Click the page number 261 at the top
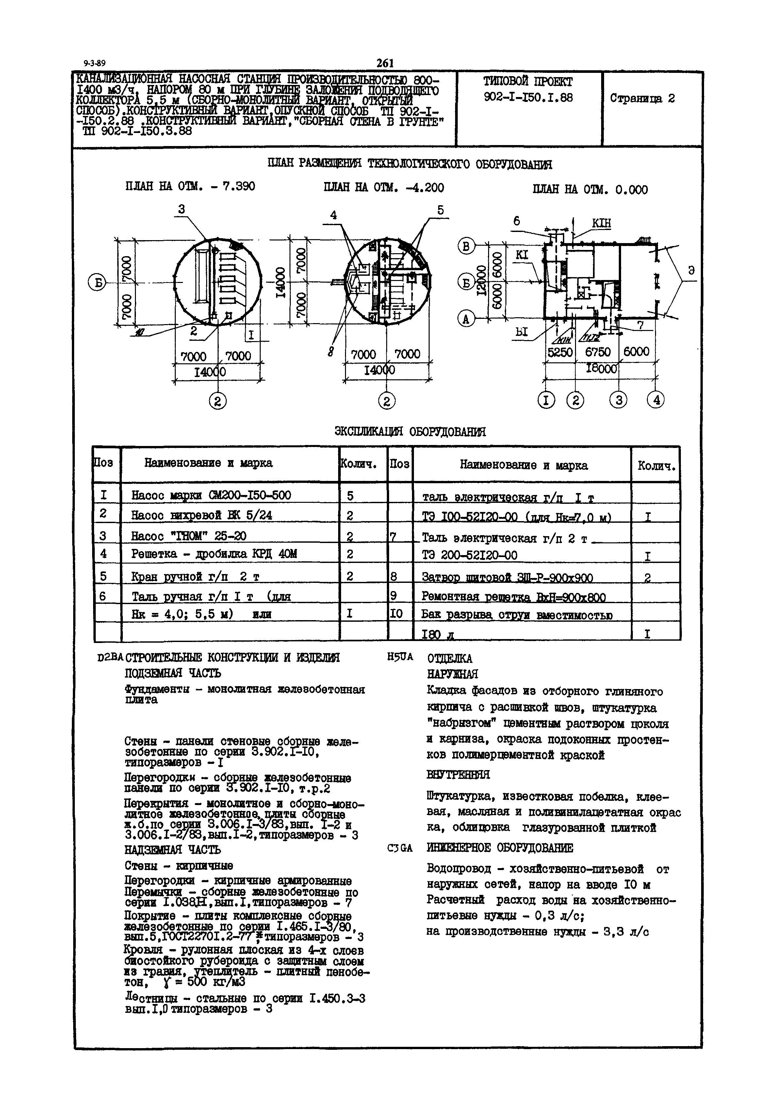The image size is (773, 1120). pyautogui.click(x=385, y=63)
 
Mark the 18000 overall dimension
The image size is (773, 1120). pyautogui.click(x=601, y=369)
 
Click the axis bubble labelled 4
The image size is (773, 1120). pyautogui.click(x=656, y=400)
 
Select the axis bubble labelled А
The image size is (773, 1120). pyautogui.click(x=466, y=319)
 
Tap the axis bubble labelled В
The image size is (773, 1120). pyautogui.click(x=466, y=246)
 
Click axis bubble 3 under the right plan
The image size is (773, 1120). pyautogui.click(x=618, y=400)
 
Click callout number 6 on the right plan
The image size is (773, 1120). pyautogui.click(x=517, y=221)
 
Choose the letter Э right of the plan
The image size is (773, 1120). pyautogui.click(x=692, y=270)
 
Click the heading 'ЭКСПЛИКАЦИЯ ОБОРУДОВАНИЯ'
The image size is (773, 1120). pyautogui.click(x=410, y=432)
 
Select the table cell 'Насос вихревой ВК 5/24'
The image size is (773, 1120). pyautogui.click(x=202, y=515)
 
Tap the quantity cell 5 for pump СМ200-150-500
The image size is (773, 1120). pyautogui.click(x=350, y=495)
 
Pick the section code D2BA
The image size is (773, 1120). pyautogui.click(x=110, y=658)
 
